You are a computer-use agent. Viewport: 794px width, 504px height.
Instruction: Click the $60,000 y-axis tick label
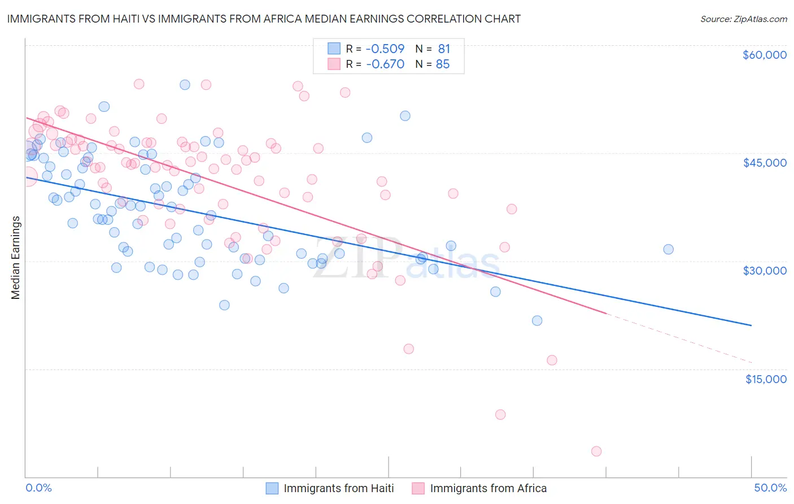[764, 55]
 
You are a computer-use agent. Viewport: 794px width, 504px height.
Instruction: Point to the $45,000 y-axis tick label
[764, 163]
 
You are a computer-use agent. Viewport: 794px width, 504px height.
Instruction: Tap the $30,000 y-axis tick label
[764, 271]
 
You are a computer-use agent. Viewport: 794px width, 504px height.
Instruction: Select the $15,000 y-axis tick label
[766, 379]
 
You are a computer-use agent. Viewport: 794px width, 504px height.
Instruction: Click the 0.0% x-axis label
[38, 488]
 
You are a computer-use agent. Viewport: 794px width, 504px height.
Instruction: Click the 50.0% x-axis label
[770, 488]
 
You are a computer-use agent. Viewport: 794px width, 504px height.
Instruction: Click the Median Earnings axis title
[16, 257]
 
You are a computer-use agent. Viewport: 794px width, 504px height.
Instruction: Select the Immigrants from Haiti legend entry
[338, 488]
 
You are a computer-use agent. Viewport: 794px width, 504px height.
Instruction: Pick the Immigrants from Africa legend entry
[488, 488]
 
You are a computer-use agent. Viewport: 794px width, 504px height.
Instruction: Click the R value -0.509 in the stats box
[385, 49]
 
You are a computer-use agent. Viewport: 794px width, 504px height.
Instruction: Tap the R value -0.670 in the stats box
[385, 64]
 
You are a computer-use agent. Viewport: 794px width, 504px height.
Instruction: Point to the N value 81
[444, 49]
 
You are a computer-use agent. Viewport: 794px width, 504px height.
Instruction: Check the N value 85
[443, 64]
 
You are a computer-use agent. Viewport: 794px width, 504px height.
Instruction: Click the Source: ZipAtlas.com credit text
[743, 19]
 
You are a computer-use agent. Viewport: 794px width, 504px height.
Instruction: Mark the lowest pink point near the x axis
[596, 451]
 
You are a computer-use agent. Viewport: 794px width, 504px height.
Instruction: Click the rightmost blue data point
[668, 249]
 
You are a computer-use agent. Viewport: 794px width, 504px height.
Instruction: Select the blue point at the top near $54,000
[185, 85]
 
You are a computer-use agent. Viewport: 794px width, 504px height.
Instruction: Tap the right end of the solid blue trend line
[751, 325]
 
